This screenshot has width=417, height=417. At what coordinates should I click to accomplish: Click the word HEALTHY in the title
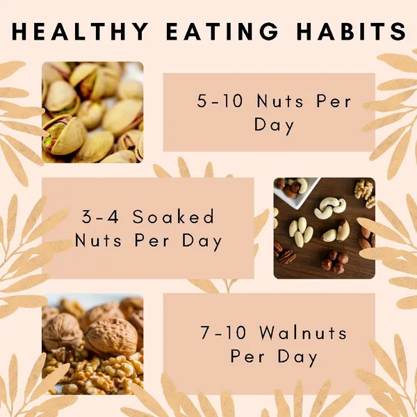(x=80, y=31)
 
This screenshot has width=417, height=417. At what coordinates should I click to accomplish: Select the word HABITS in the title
(x=352, y=31)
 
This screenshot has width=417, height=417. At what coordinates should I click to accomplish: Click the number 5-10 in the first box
(x=220, y=101)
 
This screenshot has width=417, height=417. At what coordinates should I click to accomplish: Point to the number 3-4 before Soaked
(x=100, y=216)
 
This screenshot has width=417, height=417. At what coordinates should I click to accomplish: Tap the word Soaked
(x=173, y=216)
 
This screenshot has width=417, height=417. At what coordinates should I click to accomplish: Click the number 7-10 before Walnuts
(x=223, y=333)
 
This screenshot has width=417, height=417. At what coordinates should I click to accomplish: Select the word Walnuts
(x=303, y=332)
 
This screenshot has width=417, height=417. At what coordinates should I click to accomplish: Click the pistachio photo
(x=92, y=112)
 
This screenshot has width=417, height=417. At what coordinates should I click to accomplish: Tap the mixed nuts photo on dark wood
(x=324, y=228)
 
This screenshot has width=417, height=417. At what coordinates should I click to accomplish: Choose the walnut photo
(x=92, y=344)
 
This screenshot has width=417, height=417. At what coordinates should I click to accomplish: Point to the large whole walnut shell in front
(x=111, y=336)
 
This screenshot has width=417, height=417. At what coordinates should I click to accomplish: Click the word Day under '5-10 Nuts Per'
(x=275, y=126)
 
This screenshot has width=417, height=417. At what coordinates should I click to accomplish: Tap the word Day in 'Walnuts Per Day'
(x=298, y=357)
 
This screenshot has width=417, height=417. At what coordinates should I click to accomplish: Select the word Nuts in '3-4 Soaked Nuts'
(x=99, y=240)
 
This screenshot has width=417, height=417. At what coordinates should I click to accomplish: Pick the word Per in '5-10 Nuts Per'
(x=334, y=101)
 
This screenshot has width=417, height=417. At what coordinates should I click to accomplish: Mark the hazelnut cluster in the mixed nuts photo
(x=335, y=262)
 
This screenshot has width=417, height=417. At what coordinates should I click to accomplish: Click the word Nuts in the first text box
(x=280, y=101)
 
